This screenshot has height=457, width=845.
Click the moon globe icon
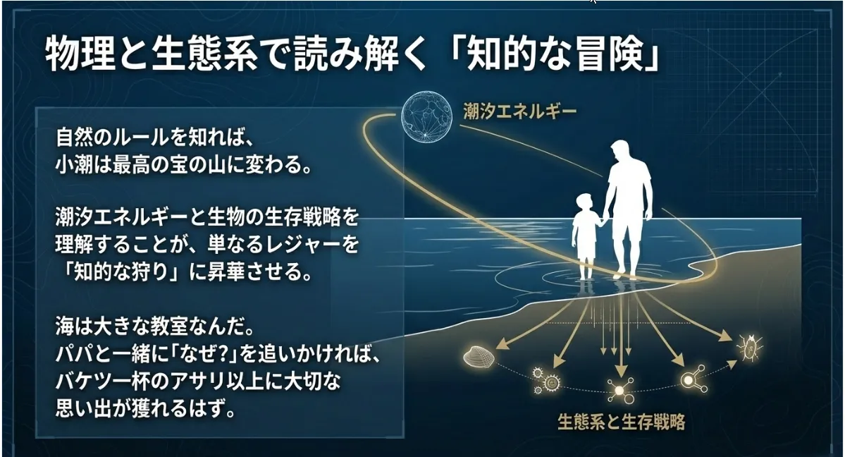(426, 116)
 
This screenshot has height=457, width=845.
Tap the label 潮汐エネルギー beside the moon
(520, 111)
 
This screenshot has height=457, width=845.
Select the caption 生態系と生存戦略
(622, 422)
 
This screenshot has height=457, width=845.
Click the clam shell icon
(479, 355)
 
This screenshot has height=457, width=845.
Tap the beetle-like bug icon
(749, 347)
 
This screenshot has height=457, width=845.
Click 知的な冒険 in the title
(556, 55)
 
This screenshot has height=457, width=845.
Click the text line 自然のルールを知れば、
(154, 138)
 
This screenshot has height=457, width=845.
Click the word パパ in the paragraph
(75, 355)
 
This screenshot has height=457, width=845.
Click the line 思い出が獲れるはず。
(145, 408)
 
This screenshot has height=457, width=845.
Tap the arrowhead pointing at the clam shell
(502, 343)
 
